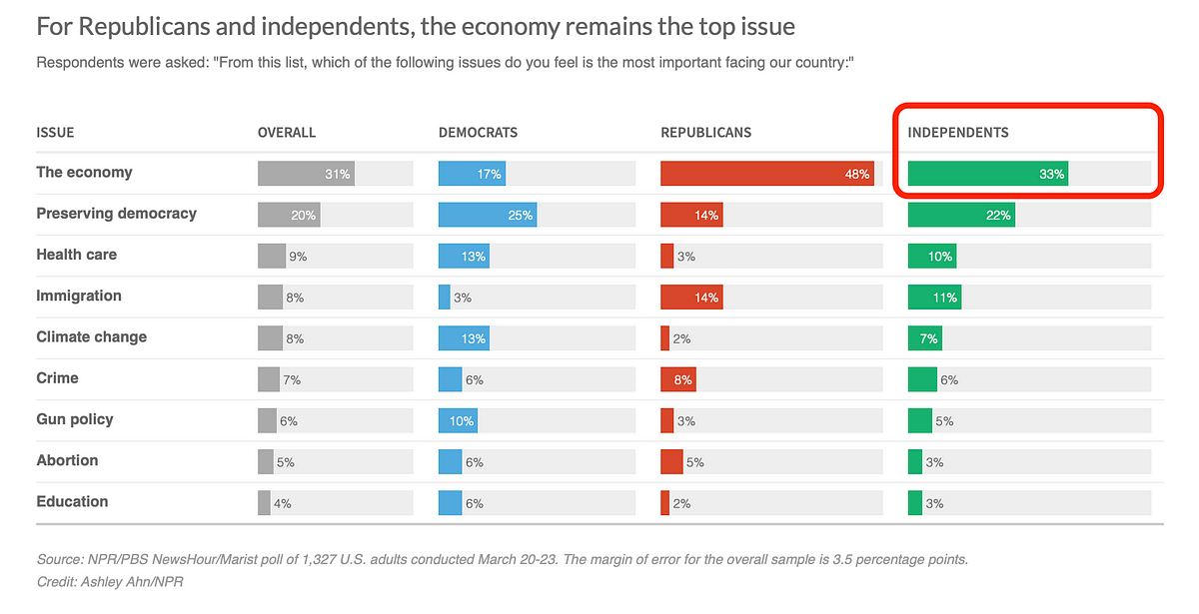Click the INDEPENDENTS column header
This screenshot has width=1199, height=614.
click(957, 133)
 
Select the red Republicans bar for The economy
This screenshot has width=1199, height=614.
click(766, 174)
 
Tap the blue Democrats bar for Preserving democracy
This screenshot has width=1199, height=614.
click(487, 215)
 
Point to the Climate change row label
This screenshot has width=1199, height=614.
click(91, 337)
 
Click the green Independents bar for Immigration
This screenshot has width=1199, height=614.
click(933, 297)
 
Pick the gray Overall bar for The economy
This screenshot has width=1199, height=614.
click(305, 174)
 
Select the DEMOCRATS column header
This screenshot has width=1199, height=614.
click(478, 133)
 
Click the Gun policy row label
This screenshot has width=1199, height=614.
click(74, 419)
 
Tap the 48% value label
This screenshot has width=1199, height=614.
click(857, 175)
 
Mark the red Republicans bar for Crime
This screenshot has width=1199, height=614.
click(677, 379)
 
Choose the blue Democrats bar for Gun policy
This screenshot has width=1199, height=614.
click(458, 420)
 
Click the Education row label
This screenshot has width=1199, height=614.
click(71, 502)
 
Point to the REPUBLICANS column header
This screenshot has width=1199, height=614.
click(705, 133)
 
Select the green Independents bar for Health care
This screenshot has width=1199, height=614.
click(931, 256)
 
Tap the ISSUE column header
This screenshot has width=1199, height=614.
click(55, 133)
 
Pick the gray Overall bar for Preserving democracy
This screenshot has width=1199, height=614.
click(289, 215)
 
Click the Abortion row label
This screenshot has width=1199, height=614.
click(67, 461)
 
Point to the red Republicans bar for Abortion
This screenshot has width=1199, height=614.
click(671, 461)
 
